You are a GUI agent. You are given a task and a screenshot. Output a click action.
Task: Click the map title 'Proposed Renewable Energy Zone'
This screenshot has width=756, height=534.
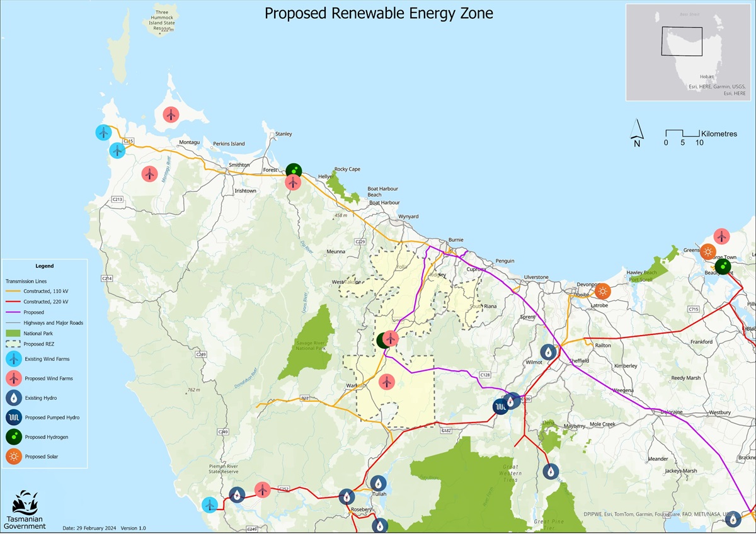tap(379, 13)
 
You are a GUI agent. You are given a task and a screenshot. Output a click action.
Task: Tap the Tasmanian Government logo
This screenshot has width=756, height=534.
tap(25, 509)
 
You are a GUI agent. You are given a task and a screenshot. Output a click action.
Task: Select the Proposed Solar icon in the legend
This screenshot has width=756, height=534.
tap(13, 457)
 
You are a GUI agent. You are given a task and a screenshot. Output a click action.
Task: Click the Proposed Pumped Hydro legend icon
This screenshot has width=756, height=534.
tap(13, 418)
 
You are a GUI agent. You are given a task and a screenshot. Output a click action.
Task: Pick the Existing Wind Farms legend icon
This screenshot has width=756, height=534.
tap(13, 359)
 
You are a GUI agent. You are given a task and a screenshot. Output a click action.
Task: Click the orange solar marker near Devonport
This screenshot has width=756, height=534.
tap(603, 291)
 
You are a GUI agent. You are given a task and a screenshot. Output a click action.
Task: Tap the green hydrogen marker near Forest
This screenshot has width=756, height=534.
tap(294, 171)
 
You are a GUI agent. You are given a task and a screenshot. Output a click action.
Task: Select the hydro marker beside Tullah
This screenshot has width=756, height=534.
tap(378, 483)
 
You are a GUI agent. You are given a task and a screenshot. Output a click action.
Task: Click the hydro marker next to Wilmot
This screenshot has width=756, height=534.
tap(549, 352)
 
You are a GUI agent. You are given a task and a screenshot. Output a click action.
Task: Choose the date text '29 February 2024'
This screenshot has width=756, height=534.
tap(94, 528)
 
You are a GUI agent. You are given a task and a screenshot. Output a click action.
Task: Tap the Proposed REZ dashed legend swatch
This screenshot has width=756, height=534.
tap(13, 344)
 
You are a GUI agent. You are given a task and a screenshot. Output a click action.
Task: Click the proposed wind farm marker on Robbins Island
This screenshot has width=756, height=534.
tap(170, 115)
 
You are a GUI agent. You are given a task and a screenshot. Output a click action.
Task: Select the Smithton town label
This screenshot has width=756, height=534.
tap(239, 165)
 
